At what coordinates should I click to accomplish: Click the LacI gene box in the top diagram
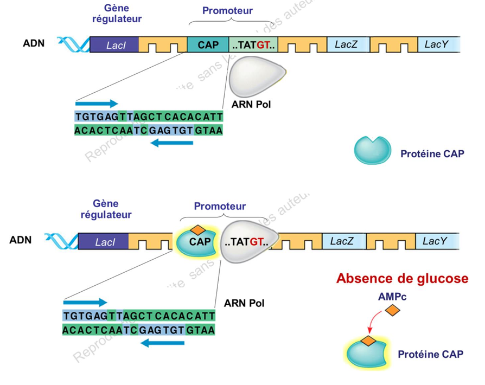114,44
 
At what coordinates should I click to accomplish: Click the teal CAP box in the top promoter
208,44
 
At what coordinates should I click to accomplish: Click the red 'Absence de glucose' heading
402,279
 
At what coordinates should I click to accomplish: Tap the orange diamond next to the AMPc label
393,310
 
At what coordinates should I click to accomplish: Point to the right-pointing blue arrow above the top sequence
97,103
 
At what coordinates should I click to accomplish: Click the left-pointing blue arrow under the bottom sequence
162,343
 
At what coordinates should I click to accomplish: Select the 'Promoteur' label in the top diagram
227,11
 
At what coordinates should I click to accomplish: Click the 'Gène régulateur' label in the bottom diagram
105,209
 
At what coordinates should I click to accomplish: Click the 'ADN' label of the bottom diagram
21,240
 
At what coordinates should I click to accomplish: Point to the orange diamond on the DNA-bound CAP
198,229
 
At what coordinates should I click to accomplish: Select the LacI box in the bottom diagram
104,241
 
